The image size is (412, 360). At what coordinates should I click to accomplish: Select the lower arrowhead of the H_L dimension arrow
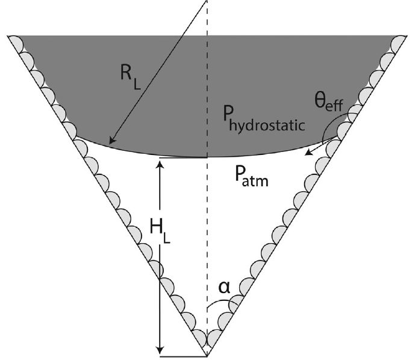(160, 352)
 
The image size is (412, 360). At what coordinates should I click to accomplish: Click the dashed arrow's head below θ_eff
(307, 154)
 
